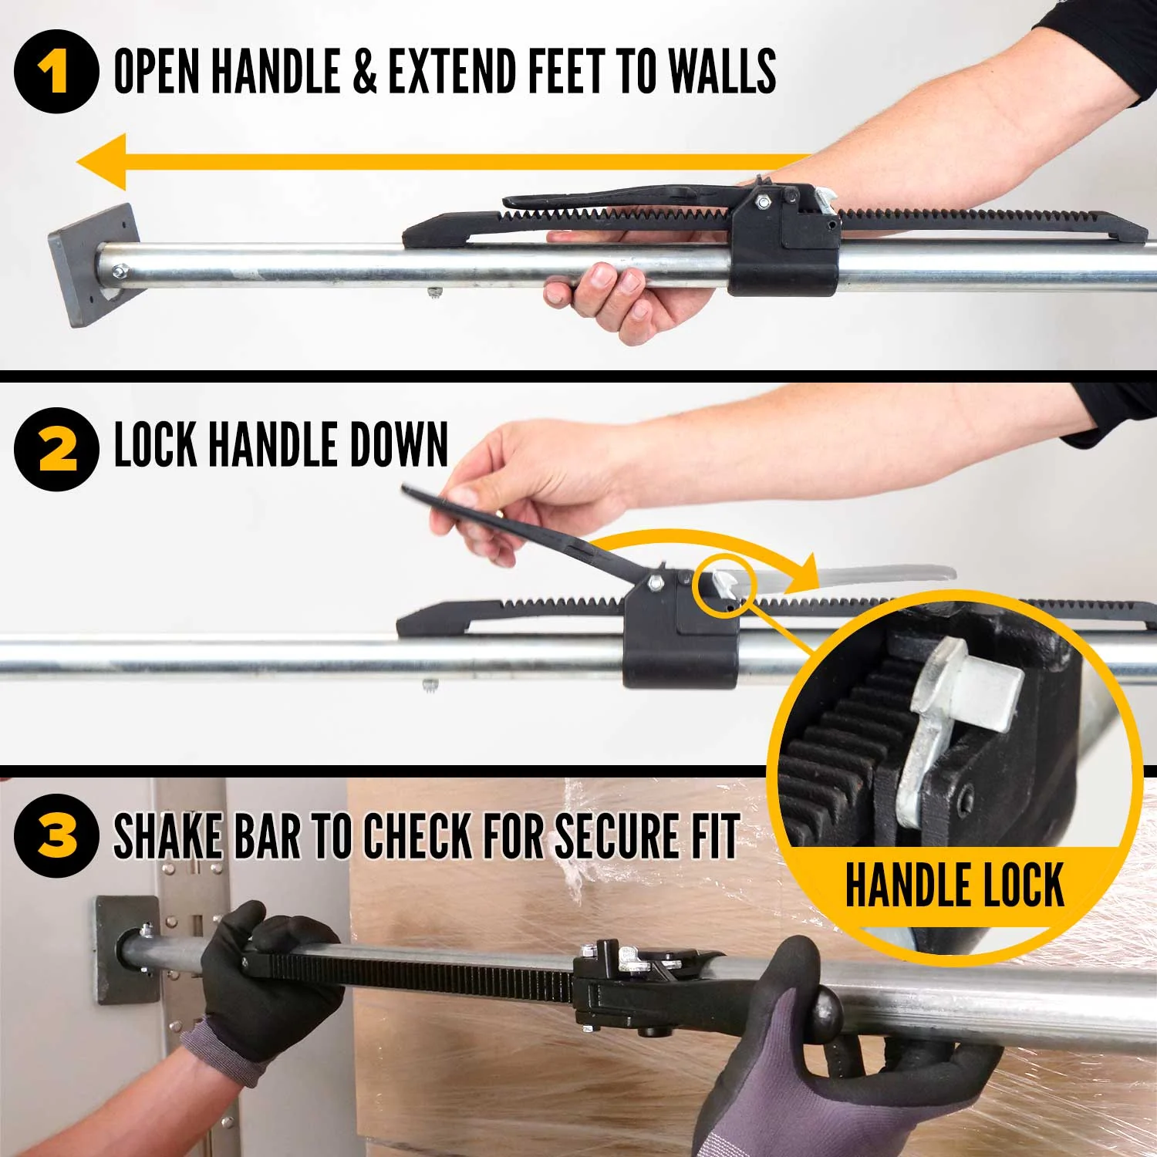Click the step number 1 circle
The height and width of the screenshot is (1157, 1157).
pyautogui.click(x=56, y=72)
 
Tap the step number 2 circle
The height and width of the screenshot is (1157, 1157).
pyautogui.click(x=56, y=449)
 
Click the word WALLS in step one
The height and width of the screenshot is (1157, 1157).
pyautogui.click(x=722, y=71)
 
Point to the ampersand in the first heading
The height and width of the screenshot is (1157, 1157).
pyautogui.click(x=366, y=71)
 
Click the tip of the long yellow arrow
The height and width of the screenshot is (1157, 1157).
pyautogui.click(x=78, y=162)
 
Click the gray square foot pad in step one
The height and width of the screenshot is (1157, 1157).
pyautogui.click(x=94, y=265)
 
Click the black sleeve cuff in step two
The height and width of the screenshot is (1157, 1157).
pyautogui.click(x=1111, y=413)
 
